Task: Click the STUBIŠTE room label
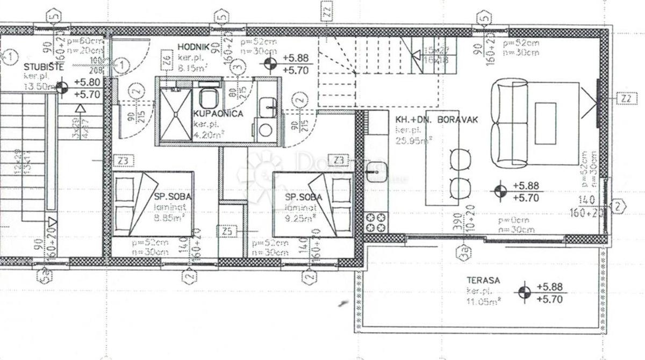pos(44,67)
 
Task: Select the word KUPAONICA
pos(219,114)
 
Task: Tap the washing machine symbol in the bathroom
pos(266,129)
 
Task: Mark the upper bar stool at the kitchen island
pos(460,160)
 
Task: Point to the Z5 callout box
pos(228,232)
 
